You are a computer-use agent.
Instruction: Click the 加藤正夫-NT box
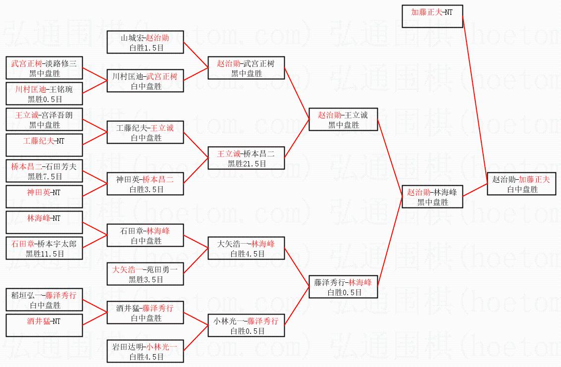(x=432, y=16)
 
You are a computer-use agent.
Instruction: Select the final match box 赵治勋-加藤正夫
(x=522, y=184)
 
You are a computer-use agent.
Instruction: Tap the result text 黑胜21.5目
(x=247, y=163)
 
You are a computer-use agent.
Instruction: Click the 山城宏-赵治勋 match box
(x=145, y=42)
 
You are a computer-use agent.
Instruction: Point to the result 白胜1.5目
(x=146, y=48)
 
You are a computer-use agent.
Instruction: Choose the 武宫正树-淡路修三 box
(x=45, y=68)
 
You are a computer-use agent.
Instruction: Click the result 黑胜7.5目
(x=45, y=176)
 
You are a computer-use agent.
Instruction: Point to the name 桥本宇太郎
(x=58, y=243)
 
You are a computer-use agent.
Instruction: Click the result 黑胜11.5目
(x=45, y=254)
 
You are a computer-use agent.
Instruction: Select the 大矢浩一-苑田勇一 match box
(x=146, y=274)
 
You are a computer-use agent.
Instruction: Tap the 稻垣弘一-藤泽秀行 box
(x=45, y=300)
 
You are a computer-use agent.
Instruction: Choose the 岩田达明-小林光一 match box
(x=146, y=351)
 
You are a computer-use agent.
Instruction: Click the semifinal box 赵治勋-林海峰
(x=432, y=197)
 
